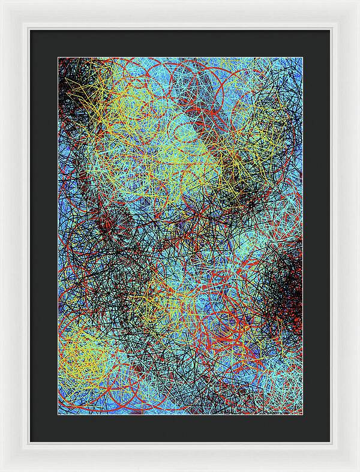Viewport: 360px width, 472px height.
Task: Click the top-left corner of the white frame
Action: coord(2,2)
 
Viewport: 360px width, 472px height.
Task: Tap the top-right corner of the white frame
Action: coord(358,2)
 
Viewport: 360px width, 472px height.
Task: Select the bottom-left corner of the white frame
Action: coord(2,470)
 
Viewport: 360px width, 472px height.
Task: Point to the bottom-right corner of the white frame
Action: coord(358,470)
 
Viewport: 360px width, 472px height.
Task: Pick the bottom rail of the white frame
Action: coord(180,457)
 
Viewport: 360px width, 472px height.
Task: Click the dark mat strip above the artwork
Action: coord(180,43)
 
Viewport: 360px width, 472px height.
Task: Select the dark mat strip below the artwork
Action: coord(180,429)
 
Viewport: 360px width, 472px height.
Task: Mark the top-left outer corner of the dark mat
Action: coord(30,29)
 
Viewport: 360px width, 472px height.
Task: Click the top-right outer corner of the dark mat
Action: coord(330,29)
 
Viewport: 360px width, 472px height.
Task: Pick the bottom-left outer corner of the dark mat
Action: coord(30,443)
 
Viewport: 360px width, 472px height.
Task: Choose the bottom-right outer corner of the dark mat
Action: coord(330,443)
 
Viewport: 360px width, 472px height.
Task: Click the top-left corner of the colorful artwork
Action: coord(58,58)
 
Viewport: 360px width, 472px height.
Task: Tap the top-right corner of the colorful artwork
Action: coord(302,58)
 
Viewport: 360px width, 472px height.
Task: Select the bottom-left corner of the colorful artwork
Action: coord(58,415)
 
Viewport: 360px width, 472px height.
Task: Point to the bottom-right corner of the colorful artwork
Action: coord(302,415)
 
